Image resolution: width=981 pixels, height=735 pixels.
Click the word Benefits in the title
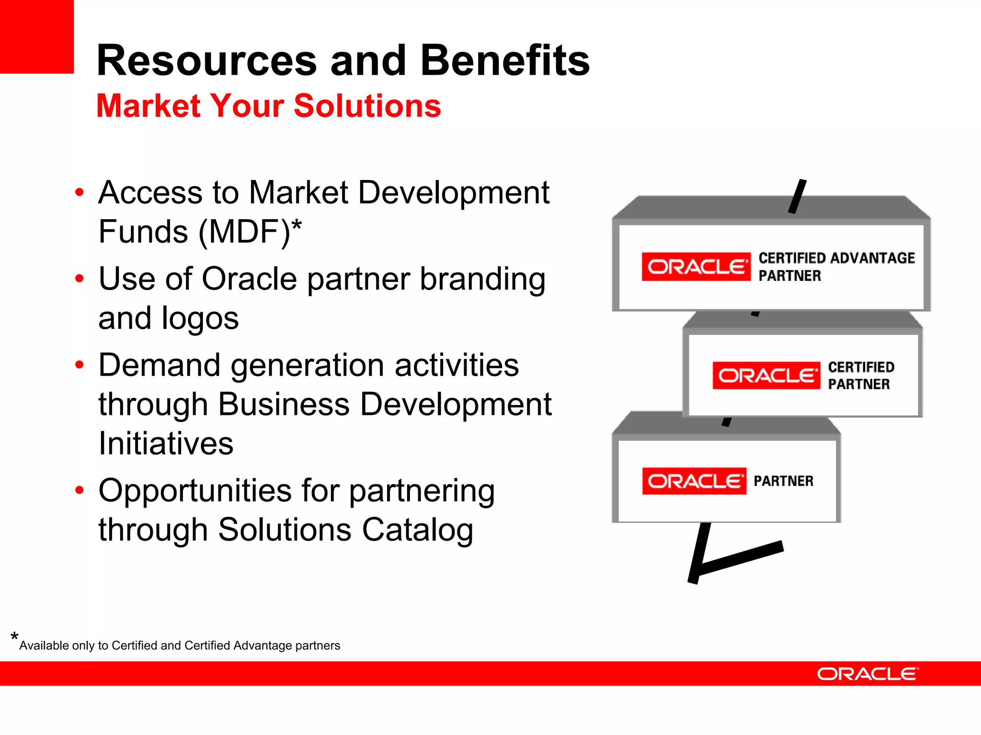click(x=505, y=61)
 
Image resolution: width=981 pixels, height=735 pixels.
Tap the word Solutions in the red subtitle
click(x=367, y=106)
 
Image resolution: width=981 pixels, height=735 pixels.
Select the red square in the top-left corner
click(x=36, y=36)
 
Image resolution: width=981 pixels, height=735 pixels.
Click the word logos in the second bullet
click(x=200, y=318)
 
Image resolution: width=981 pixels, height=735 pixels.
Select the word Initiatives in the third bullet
click(x=166, y=444)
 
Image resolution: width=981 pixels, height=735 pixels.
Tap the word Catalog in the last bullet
click(x=417, y=530)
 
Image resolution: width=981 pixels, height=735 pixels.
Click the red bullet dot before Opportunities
click(x=80, y=490)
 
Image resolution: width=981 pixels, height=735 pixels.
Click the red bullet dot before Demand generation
click(x=80, y=365)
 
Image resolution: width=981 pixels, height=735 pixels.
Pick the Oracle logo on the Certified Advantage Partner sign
click(x=696, y=267)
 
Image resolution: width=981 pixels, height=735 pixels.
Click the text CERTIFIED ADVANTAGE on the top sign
click(x=836, y=258)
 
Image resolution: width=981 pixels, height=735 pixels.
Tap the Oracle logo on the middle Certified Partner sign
click(x=766, y=376)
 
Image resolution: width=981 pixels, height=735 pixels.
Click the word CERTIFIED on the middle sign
click(x=861, y=367)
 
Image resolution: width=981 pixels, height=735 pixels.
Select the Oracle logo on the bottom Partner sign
click(x=694, y=481)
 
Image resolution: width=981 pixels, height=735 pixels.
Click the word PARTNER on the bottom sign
click(x=783, y=481)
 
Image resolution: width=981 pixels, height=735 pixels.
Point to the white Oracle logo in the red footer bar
click(x=867, y=674)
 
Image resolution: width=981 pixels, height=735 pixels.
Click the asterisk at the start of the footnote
click(x=14, y=637)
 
